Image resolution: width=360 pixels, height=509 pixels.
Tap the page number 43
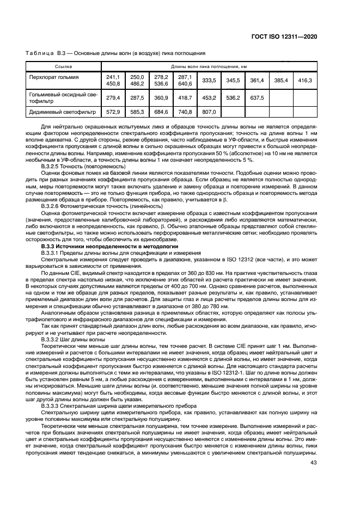coord(313,463)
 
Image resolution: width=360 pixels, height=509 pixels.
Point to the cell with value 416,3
coord(305,81)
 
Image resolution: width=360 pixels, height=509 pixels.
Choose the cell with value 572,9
coord(113,112)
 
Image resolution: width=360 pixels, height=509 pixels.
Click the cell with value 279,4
coord(113,98)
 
